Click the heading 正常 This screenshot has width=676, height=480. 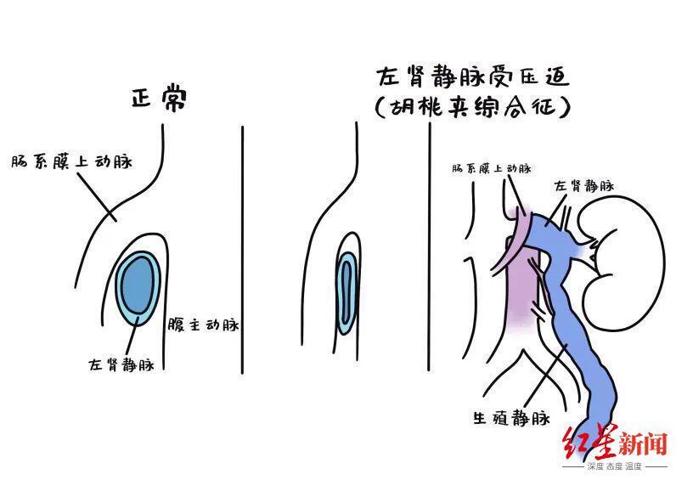[159, 99]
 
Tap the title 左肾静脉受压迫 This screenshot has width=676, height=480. [473, 77]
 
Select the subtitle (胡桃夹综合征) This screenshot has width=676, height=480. [473, 106]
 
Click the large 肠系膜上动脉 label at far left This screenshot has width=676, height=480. [71, 161]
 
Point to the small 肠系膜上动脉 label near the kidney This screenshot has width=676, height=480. [492, 168]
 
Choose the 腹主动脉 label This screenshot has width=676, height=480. [203, 325]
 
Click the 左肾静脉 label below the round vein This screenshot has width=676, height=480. [121, 364]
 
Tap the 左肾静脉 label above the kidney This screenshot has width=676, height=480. [584, 186]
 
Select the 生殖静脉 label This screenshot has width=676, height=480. [512, 417]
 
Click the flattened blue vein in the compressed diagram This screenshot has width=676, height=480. [346, 293]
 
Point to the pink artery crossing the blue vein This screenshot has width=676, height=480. [515, 241]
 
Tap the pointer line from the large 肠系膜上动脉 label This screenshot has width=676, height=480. [97, 197]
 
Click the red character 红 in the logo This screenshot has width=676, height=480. [576, 443]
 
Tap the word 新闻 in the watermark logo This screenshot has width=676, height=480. [643, 445]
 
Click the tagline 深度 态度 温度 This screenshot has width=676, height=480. [614, 466]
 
